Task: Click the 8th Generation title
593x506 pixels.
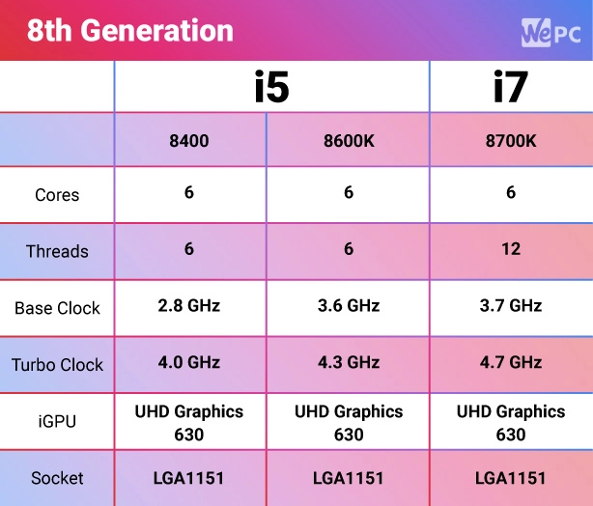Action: (129, 31)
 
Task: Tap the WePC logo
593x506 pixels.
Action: (551, 32)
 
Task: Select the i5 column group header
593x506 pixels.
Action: (271, 87)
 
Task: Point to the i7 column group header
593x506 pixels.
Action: (510, 87)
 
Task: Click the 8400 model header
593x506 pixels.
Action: (188, 140)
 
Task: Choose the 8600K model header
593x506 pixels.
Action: (349, 140)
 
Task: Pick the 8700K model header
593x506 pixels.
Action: (510, 140)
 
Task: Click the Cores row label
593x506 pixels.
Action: (57, 195)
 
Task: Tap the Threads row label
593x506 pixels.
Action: (57, 251)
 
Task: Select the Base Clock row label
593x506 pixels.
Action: (57, 309)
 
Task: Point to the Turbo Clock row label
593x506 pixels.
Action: (57, 365)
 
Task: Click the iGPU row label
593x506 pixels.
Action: (57, 422)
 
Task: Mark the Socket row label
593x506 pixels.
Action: (57, 478)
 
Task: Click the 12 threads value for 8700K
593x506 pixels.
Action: (510, 249)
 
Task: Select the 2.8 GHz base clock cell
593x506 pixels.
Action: (188, 306)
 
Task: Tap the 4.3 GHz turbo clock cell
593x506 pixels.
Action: (349, 363)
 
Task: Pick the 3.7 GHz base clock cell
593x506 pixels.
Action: (510, 306)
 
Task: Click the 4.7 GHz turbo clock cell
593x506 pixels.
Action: (510, 363)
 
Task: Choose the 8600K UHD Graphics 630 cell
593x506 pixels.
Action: (349, 422)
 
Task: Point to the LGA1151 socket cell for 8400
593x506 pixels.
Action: (188, 478)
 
